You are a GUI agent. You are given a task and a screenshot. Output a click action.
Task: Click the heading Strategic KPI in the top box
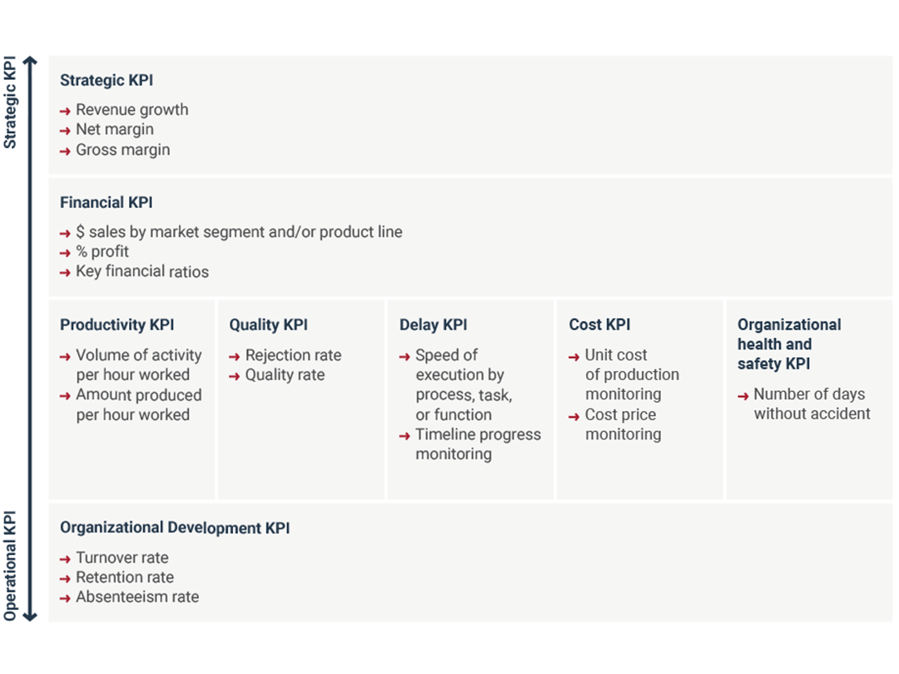[x=107, y=80]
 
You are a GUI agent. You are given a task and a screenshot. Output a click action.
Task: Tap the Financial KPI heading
[x=107, y=203]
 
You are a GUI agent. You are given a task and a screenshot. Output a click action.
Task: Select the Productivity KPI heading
[x=117, y=325]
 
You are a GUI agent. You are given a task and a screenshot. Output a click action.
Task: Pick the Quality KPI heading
[x=268, y=325]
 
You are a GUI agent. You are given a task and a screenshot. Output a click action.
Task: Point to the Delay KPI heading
[x=434, y=325]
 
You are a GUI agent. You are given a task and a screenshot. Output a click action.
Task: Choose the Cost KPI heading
[x=599, y=325]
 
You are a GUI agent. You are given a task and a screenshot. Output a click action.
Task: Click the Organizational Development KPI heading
[x=175, y=528]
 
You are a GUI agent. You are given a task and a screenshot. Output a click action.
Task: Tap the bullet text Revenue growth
[x=132, y=110]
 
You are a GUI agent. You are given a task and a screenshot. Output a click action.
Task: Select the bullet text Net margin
[x=115, y=130]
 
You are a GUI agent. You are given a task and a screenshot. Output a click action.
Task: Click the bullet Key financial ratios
[x=142, y=271]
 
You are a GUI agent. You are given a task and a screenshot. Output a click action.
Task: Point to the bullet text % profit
[x=102, y=251]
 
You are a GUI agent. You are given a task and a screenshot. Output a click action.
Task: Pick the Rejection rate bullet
[x=294, y=355]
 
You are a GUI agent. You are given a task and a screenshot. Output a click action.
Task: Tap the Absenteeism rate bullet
[x=137, y=597]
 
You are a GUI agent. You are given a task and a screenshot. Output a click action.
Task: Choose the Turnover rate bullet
[x=122, y=558]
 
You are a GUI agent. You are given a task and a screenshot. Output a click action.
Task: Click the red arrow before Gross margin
[x=66, y=151]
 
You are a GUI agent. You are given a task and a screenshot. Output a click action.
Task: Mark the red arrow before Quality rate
[x=235, y=377]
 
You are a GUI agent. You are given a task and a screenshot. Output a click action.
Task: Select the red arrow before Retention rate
[x=66, y=579]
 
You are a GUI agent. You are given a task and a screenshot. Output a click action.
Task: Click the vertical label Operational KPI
[x=10, y=566]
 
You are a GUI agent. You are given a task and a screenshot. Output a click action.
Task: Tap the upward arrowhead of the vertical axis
[x=30, y=60]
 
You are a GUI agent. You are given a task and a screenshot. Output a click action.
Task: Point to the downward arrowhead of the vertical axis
[x=30, y=617]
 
